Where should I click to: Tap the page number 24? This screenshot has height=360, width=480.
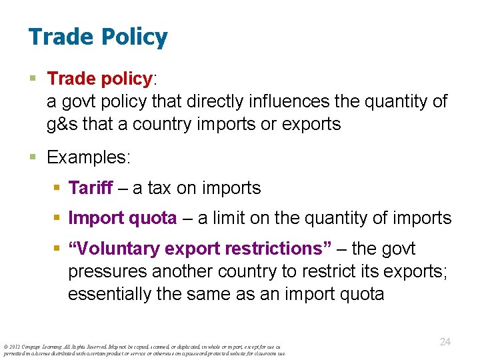coord(445,341)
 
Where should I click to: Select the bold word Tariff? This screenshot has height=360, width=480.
coord(91,188)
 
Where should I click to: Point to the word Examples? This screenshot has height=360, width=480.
coord(89,157)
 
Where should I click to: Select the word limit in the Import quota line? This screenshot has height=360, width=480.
coord(230,218)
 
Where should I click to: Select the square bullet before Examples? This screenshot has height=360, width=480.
coord(35,158)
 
